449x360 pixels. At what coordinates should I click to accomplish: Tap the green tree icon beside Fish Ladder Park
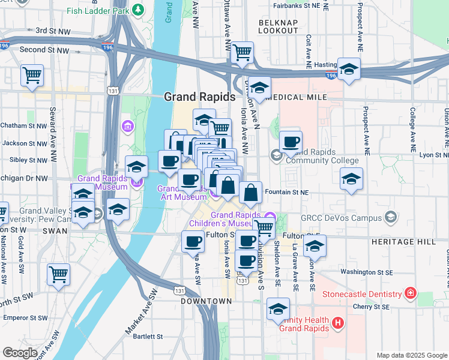coord(139,10)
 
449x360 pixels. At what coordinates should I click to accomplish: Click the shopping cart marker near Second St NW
coord(32,76)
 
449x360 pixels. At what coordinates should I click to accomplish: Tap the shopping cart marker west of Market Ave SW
coord(58,275)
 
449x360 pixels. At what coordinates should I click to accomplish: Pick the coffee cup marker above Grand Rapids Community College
coord(291,142)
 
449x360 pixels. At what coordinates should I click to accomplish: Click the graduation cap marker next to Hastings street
coord(348,69)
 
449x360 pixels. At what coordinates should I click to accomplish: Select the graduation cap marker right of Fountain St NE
coord(351,179)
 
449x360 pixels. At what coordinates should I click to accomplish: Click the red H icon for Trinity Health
coord(338,323)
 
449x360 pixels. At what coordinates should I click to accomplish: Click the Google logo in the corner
coord(20,352)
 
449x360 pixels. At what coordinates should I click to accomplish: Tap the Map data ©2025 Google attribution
coord(411,355)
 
